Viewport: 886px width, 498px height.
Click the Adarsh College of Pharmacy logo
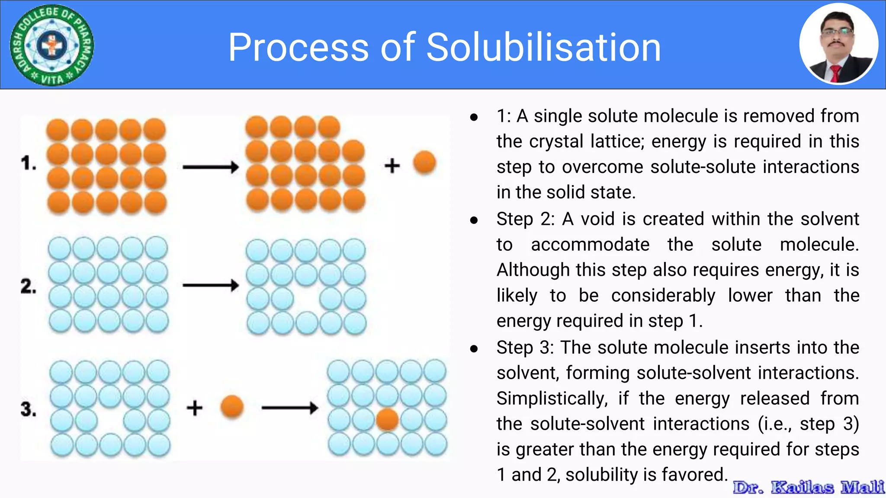pyautogui.click(x=52, y=45)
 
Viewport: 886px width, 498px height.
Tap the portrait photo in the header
pyautogui.click(x=838, y=44)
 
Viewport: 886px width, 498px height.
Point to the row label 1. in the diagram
pyautogui.click(x=29, y=163)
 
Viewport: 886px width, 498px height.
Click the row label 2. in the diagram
pyautogui.click(x=29, y=286)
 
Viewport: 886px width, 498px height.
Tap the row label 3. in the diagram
pyautogui.click(x=29, y=409)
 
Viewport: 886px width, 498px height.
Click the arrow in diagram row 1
pyautogui.click(x=211, y=167)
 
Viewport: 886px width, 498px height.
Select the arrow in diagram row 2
pyautogui.click(x=211, y=285)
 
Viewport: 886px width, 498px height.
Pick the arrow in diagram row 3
pyautogui.click(x=290, y=408)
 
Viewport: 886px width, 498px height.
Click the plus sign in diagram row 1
pyautogui.click(x=392, y=166)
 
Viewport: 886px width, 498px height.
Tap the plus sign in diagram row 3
pyautogui.click(x=194, y=408)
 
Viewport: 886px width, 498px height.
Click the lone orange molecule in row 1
pyautogui.click(x=424, y=163)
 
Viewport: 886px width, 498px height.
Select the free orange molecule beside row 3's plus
pyautogui.click(x=232, y=407)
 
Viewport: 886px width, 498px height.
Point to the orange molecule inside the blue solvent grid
pyautogui.click(x=387, y=420)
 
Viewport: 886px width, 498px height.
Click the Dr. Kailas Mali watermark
pyautogui.click(x=808, y=487)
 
